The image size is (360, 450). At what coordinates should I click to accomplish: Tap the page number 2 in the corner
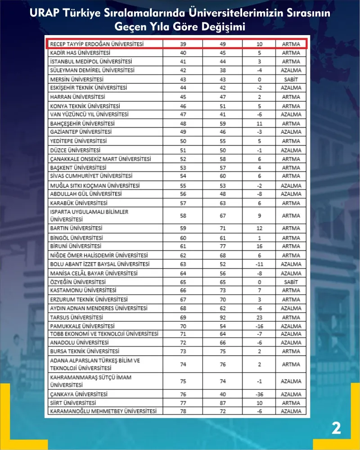click(x=336, y=428)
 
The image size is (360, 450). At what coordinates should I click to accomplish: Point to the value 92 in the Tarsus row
click(x=221, y=317)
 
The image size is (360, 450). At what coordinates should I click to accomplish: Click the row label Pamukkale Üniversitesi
click(x=82, y=326)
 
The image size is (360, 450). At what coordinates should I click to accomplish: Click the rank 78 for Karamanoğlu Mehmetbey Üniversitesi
click(x=183, y=411)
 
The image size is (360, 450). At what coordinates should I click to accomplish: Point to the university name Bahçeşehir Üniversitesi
click(x=82, y=123)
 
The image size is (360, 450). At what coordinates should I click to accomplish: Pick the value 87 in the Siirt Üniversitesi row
click(x=221, y=403)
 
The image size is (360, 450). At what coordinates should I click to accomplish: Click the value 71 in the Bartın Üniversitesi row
click(x=221, y=229)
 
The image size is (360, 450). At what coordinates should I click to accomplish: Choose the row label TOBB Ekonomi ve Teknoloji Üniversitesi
click(x=104, y=334)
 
